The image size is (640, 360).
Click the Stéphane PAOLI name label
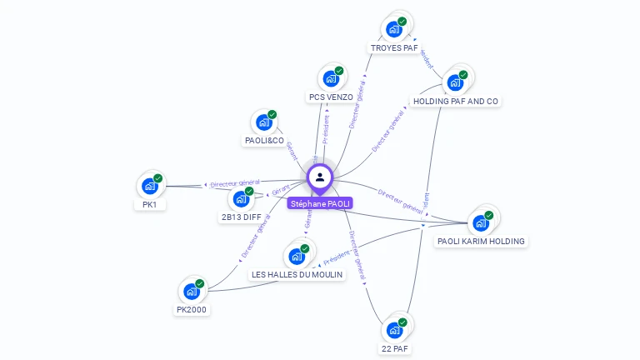[x=320, y=203]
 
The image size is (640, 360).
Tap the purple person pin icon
[x=320, y=177]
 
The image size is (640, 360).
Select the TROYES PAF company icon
[x=394, y=29]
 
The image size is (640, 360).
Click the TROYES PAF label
[x=394, y=48]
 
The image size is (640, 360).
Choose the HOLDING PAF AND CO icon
[x=455, y=82]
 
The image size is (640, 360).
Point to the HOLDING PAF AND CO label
[x=456, y=102]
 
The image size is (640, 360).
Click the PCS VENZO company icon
[x=331, y=79]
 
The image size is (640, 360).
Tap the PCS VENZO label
[x=331, y=97]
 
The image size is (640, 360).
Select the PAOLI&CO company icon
[x=264, y=122]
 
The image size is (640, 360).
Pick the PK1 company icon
[x=150, y=186]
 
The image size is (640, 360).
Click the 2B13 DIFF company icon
[x=241, y=199]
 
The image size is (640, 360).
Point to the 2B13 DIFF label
[x=241, y=217]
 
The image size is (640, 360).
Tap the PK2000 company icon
[x=192, y=292]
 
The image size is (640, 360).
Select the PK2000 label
[x=192, y=310]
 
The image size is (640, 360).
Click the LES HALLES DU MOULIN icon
[x=297, y=257]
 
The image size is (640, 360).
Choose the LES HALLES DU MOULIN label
[x=297, y=275]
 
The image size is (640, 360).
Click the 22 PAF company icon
[x=395, y=330]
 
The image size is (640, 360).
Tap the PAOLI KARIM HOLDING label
[x=482, y=242]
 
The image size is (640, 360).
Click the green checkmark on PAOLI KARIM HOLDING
[x=489, y=215]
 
